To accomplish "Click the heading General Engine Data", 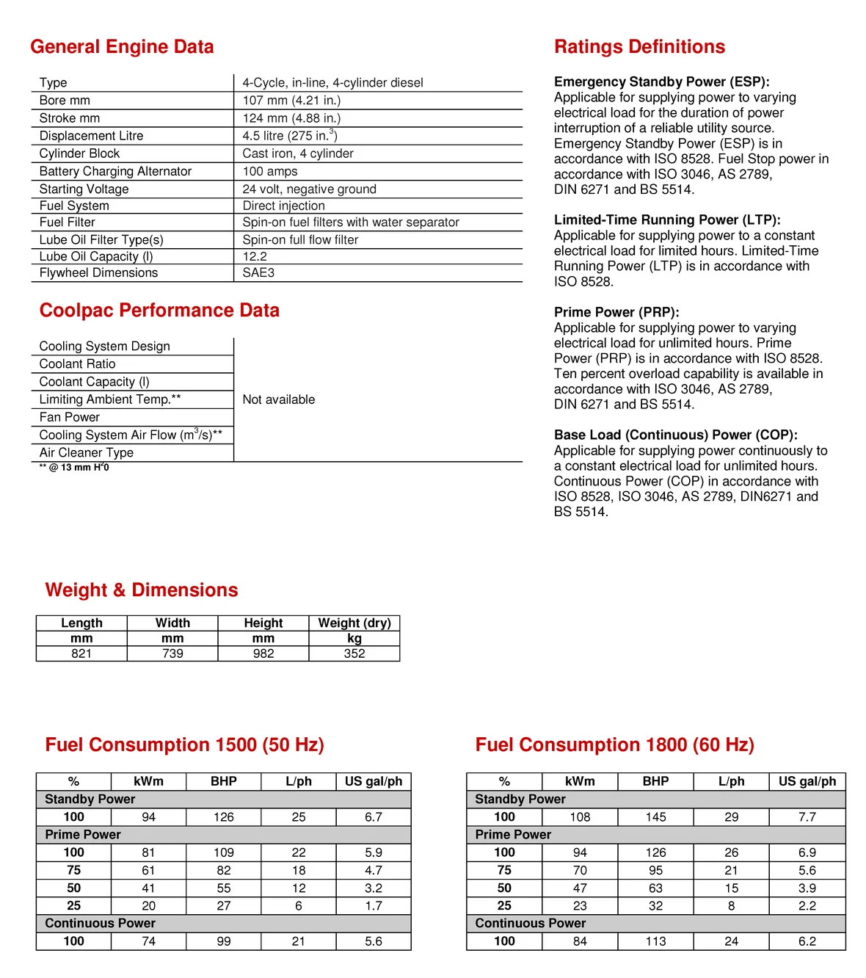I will coord(122,47).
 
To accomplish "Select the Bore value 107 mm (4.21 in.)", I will coord(291,101).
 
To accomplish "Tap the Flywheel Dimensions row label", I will coord(98,273).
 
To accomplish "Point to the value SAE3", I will coord(258,273).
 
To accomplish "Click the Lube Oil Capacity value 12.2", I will coord(255,256).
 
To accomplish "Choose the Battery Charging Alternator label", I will coord(115,171).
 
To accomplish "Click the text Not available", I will coord(279,399).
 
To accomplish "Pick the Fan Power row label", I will coord(70,417).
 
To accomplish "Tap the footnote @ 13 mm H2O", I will coord(74,468).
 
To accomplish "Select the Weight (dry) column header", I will coord(354,623).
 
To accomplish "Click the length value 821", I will coord(81,653).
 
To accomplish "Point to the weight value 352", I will coord(354,653).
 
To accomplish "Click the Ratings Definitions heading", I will coord(639,47).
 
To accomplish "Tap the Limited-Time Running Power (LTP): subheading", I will coord(667,220).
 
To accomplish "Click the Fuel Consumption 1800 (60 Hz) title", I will coord(614,745).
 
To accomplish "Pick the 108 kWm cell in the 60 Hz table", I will coord(580,817).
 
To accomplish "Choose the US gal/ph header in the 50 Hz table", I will coord(374,781).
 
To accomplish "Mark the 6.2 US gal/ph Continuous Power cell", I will coord(807,941).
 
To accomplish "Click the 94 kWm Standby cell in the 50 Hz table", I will coord(148,817).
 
